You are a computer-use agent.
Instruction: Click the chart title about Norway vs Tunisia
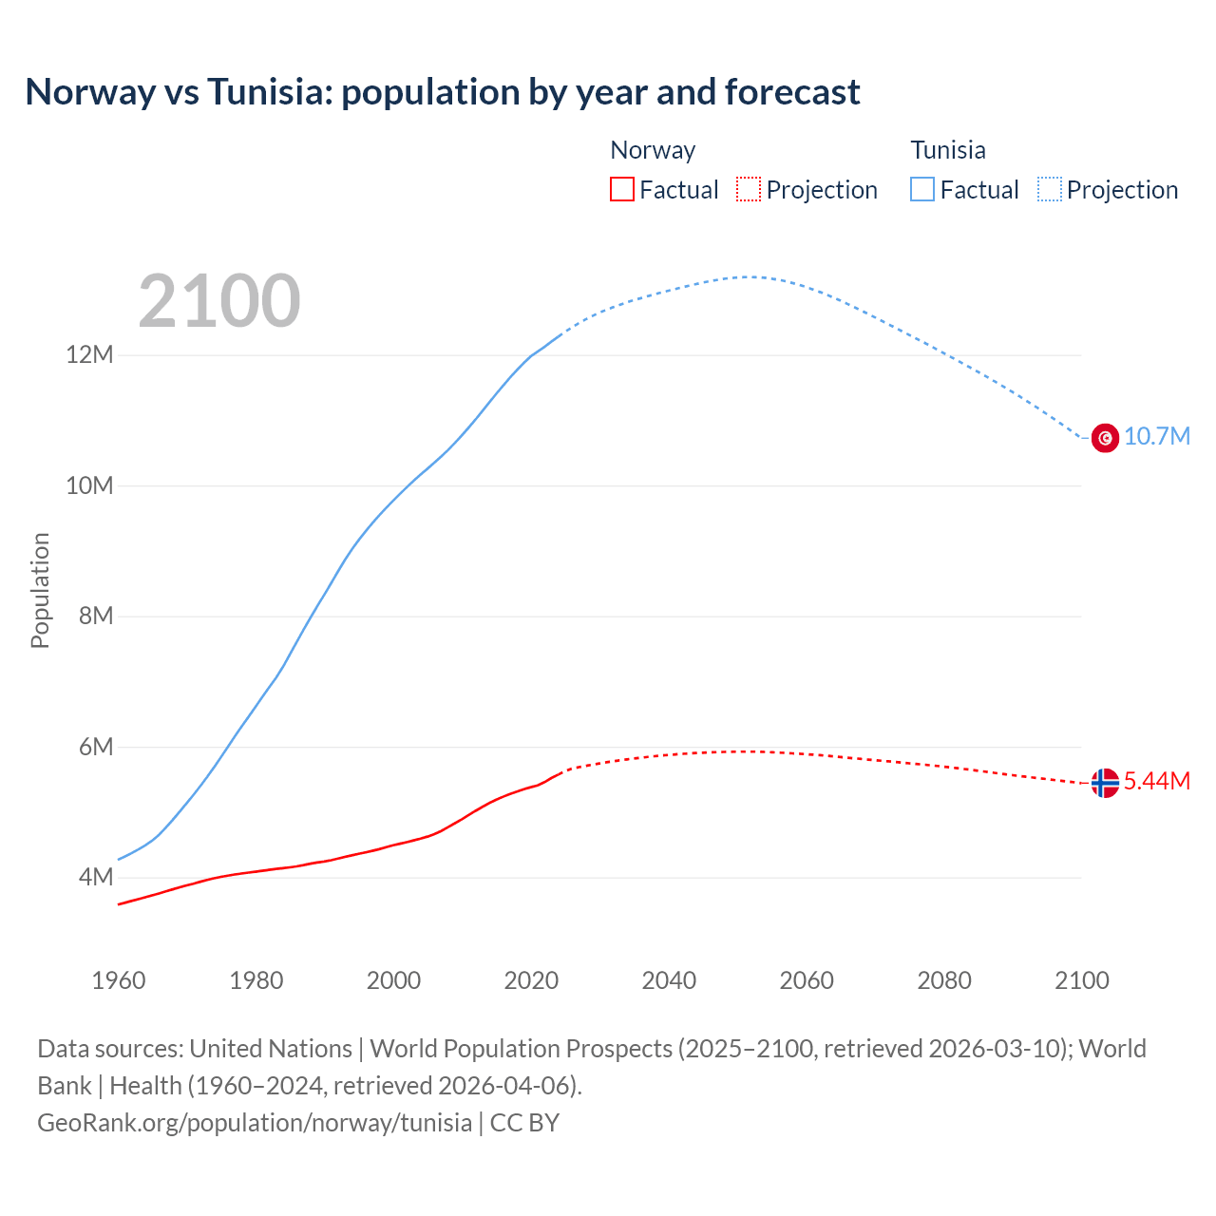[443, 92]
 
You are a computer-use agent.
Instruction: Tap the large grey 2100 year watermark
[219, 301]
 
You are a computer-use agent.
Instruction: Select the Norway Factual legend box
[621, 189]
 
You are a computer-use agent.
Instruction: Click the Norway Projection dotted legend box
[749, 189]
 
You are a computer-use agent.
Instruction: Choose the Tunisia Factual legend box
[922, 189]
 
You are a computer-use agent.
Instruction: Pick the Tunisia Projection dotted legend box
[1050, 189]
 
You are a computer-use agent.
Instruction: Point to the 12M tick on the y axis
[89, 355]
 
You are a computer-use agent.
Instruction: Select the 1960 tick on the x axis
[119, 980]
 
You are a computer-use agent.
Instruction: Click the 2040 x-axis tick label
[669, 980]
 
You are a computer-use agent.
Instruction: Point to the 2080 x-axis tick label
[944, 980]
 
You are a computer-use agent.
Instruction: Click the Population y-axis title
[40, 590]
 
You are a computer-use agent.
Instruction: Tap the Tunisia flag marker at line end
[1105, 438]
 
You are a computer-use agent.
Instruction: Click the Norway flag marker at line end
[1105, 783]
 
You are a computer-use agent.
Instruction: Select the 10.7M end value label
[1157, 437]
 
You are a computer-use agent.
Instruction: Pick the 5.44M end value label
[1157, 782]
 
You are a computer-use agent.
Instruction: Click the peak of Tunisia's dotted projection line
[749, 277]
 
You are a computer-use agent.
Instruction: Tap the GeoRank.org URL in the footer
[255, 1123]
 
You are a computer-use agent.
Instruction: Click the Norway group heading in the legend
[653, 150]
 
